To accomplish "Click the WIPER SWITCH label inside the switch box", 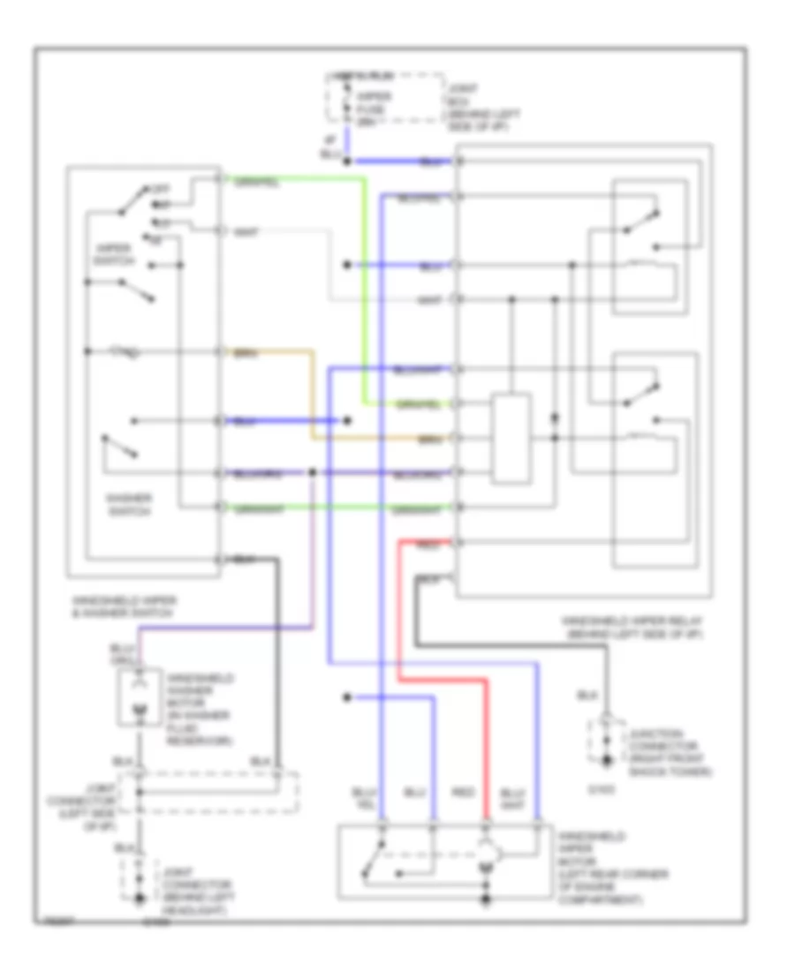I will tap(112, 255).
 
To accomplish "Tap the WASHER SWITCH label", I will tap(129, 504).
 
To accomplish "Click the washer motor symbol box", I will tap(140, 697).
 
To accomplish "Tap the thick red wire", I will tap(399, 618).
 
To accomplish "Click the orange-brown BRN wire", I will tap(311, 397).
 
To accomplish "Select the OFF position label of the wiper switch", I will tap(161, 189).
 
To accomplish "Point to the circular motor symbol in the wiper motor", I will tap(485, 853).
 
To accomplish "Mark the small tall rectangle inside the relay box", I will tap(511, 439).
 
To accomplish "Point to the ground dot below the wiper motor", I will tap(485, 901).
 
